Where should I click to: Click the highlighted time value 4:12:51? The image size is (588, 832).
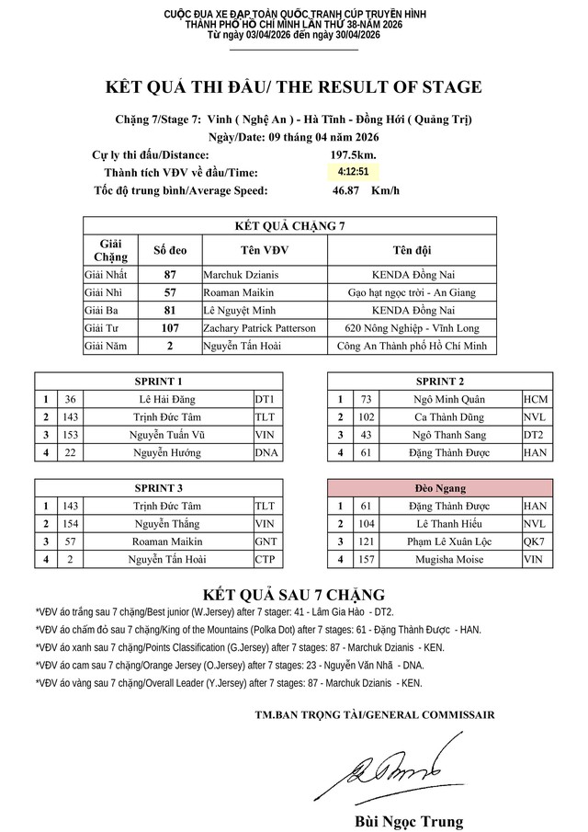pos(353,172)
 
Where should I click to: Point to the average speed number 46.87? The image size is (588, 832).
pos(346,190)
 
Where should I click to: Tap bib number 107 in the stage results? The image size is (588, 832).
pos(170,328)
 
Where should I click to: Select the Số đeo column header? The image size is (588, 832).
pos(170,249)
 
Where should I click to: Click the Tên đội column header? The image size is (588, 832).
pos(413,249)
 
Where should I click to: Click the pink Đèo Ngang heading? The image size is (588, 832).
pos(440,488)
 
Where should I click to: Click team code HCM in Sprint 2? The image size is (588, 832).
pos(536,399)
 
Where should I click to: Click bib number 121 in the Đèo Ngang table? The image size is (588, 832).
pos(367,541)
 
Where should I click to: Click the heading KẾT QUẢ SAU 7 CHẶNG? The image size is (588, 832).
pos(294,595)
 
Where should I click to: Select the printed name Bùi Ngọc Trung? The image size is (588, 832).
pos(409,821)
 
